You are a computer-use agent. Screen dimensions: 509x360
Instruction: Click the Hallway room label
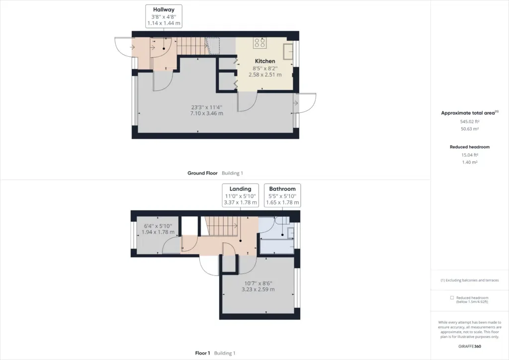[164, 10]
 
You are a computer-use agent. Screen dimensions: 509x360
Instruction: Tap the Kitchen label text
[265, 61]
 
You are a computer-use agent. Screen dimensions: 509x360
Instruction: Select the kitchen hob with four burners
[259, 43]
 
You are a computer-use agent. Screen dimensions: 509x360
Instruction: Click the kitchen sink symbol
[288, 52]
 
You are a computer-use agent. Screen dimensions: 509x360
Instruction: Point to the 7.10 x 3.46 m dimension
[206, 113]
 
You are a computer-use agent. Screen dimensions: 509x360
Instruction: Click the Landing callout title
[240, 189]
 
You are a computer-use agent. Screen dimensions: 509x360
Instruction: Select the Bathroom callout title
[282, 189]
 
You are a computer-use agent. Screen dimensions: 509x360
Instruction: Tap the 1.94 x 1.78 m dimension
[158, 232]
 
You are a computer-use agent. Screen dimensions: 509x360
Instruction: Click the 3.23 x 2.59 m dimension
[258, 289]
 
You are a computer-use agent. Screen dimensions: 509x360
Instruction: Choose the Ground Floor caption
[202, 173]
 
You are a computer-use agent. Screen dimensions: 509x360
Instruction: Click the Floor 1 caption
[203, 353]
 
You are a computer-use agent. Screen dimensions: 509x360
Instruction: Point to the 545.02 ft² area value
[470, 121]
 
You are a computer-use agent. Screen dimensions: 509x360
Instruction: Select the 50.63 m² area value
[470, 129]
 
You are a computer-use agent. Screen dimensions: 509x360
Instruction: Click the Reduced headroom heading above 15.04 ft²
[470, 147]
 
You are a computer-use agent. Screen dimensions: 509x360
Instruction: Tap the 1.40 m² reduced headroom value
[470, 162]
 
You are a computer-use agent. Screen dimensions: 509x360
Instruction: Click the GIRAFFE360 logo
[470, 347]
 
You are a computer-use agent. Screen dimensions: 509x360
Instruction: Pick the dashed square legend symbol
[452, 298]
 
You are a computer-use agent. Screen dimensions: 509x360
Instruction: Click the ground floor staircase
[191, 46]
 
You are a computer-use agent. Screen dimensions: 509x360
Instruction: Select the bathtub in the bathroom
[277, 247]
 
